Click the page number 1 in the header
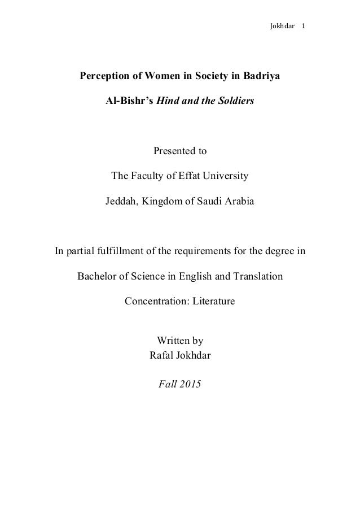(x=303, y=26)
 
